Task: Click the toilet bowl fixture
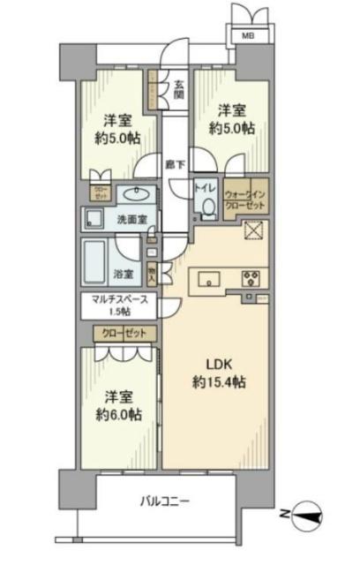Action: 208,207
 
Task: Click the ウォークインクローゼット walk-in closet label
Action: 243,196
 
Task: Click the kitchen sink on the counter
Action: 209,280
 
